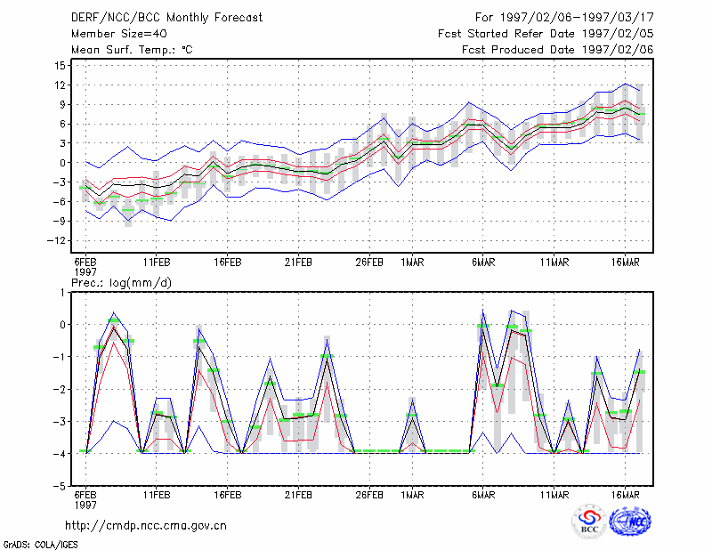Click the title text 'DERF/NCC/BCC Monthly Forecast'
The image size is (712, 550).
point(166,18)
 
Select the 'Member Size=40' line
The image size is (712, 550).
point(119,34)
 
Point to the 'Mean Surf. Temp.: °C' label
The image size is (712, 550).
point(132,50)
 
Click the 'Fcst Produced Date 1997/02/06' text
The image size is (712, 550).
point(558,50)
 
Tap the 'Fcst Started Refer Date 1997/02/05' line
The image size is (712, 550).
point(546,34)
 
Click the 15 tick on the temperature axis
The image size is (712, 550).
point(61,65)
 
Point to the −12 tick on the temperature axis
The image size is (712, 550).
point(57,240)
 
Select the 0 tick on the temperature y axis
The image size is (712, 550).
point(63,163)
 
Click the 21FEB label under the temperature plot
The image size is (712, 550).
point(298,263)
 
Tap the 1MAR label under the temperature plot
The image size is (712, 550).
point(412,263)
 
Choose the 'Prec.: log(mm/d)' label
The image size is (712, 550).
point(122,283)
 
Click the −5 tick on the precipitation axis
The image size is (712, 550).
point(60,486)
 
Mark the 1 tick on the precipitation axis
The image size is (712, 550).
point(63,293)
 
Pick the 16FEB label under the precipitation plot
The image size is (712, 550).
point(228,495)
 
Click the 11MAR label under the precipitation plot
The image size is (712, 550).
point(554,495)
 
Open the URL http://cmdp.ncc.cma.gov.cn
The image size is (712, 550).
point(146,525)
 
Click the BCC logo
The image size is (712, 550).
point(589,521)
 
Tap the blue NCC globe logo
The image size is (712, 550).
point(630,521)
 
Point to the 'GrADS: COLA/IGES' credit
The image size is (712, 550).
point(40,545)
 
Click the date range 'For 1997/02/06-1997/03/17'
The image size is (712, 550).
point(564,18)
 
